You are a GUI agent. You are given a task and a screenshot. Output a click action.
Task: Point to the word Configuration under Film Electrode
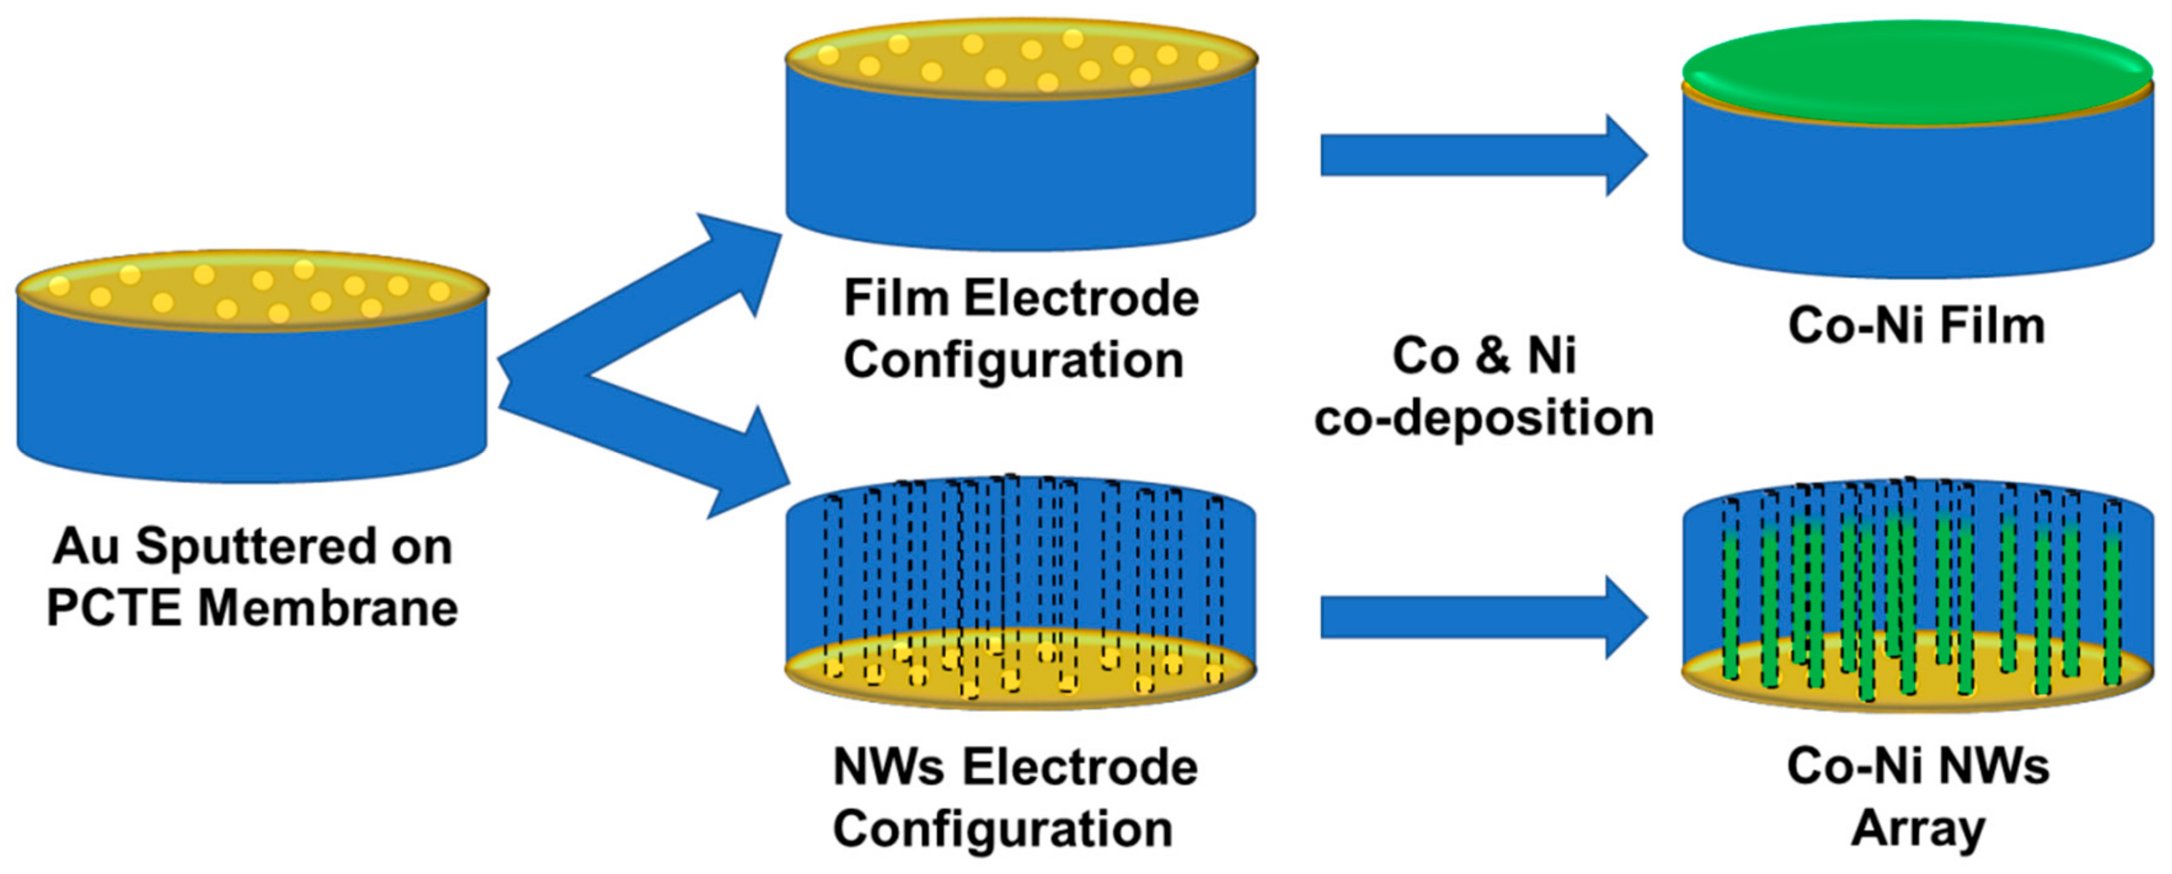(x=1013, y=360)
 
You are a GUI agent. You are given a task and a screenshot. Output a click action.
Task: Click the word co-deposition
(x=1484, y=417)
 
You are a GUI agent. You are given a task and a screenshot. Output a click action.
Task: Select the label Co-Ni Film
(x=1916, y=326)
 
